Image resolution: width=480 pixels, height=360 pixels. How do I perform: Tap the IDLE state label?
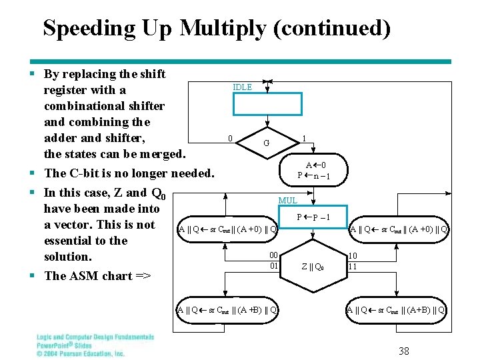pos(242,87)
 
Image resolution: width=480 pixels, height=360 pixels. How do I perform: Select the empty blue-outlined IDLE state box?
pos(267,104)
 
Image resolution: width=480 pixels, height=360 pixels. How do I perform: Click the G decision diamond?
pos(267,143)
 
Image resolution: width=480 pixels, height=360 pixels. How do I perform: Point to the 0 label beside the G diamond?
pos(230,139)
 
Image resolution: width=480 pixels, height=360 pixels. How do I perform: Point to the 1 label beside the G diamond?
pos(304,139)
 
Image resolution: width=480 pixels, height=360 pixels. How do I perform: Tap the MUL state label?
pos(288,200)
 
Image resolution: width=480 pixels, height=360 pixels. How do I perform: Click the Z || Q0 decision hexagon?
pos(313,267)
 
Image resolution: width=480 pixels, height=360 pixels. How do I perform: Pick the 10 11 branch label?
pos(353,261)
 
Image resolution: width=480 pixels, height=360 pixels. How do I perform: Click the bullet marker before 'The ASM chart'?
pos(33,275)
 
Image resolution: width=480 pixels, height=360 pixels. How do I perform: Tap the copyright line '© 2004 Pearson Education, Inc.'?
pos(81,353)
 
